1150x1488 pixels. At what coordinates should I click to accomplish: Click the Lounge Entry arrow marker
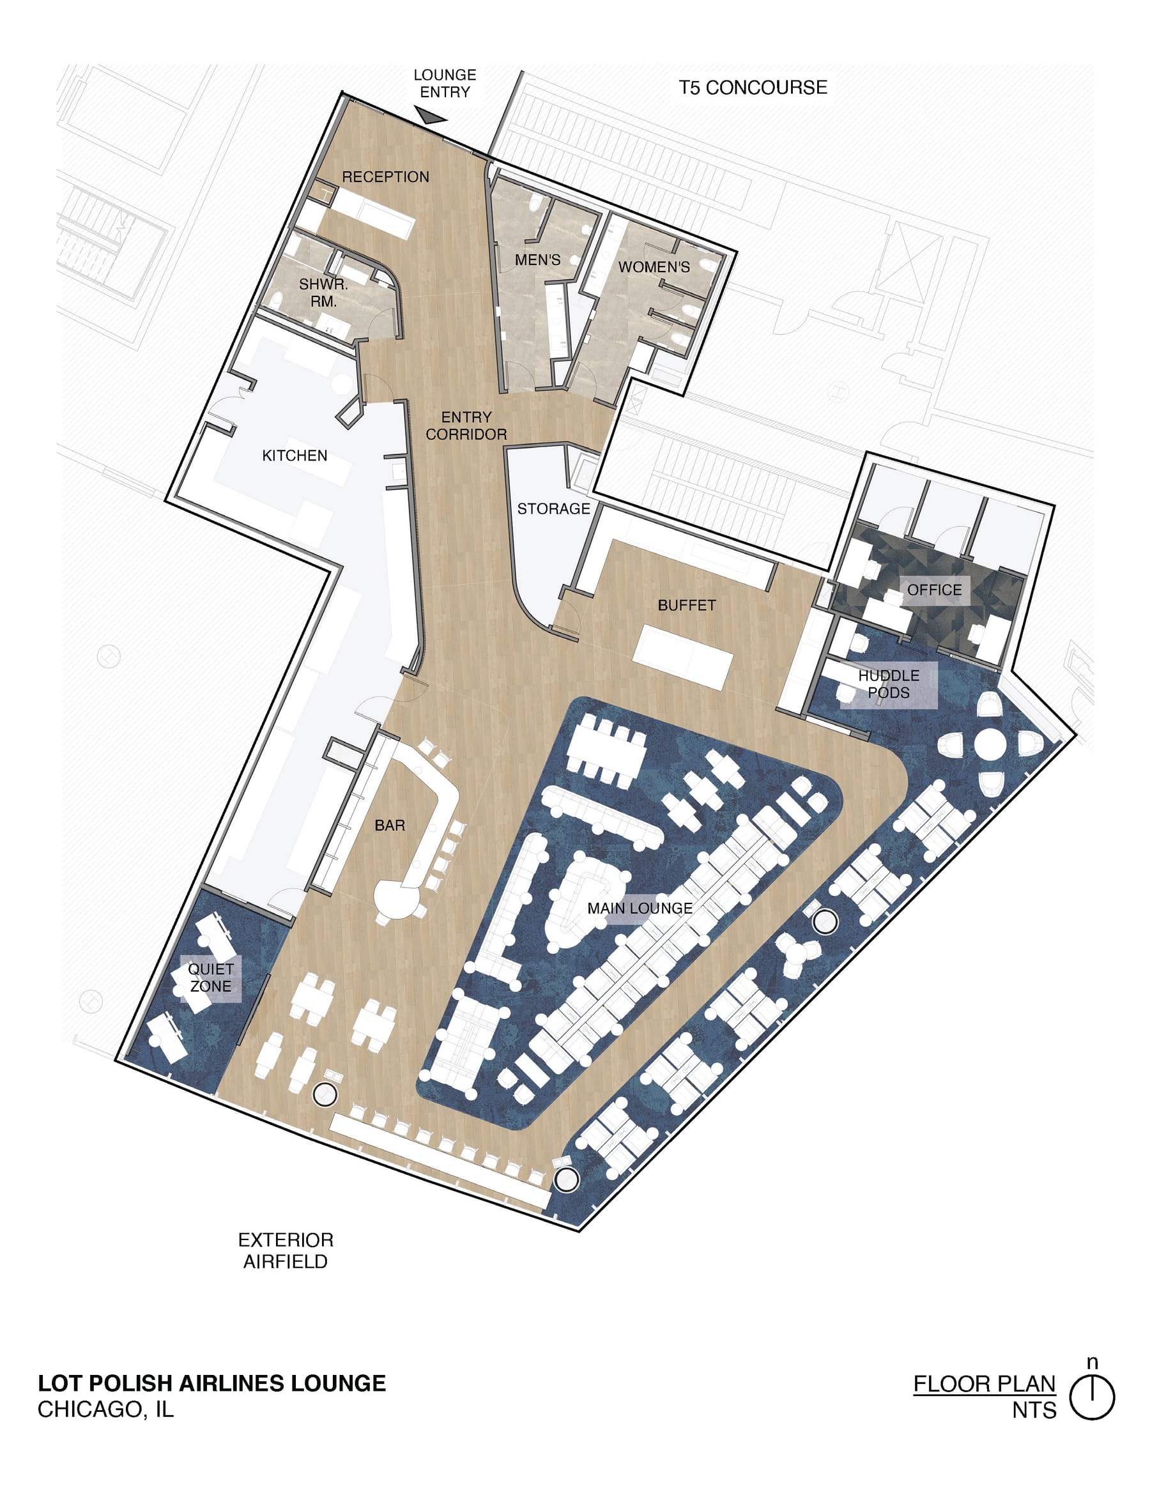pyautogui.click(x=431, y=116)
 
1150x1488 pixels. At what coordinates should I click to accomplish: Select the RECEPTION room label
pyautogui.click(x=386, y=177)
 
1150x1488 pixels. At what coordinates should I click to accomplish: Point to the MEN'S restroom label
pyautogui.click(x=537, y=259)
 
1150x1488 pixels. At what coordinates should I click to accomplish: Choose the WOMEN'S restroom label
pyautogui.click(x=654, y=267)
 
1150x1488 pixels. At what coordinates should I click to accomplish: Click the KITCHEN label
pyautogui.click(x=295, y=455)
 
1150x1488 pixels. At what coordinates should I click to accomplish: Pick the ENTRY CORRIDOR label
pyautogui.click(x=466, y=426)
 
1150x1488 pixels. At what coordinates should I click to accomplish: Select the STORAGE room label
pyautogui.click(x=553, y=509)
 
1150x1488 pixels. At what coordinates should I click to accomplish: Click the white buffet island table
pyautogui.click(x=682, y=658)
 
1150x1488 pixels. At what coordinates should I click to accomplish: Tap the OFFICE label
pyautogui.click(x=935, y=590)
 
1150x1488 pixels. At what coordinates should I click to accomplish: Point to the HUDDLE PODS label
pyautogui.click(x=889, y=684)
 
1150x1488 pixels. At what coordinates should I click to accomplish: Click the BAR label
pyautogui.click(x=390, y=825)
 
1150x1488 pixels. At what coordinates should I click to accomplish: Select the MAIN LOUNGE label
pyautogui.click(x=640, y=909)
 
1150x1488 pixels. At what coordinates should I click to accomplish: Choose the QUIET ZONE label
pyautogui.click(x=211, y=977)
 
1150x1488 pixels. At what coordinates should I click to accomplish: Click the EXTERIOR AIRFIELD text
pyautogui.click(x=286, y=1250)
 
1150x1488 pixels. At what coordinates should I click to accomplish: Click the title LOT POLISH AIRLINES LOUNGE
pyautogui.click(x=212, y=1383)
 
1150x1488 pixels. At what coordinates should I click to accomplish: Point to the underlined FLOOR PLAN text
pyautogui.click(x=985, y=1384)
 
